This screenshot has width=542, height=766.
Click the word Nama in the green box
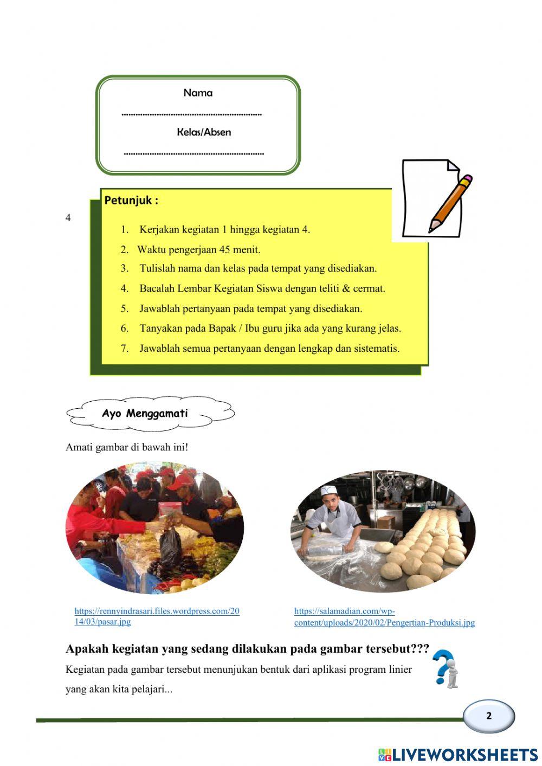pyautogui.click(x=198, y=93)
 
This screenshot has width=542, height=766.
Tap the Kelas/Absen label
pyautogui.click(x=204, y=132)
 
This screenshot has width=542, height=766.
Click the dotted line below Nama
pyautogui.click(x=192, y=114)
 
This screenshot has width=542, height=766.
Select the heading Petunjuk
pyautogui.click(x=131, y=200)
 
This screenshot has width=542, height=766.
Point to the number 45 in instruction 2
pyautogui.click(x=225, y=250)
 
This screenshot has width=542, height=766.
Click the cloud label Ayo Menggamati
pyautogui.click(x=145, y=414)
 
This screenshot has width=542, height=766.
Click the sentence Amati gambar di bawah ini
pyautogui.click(x=127, y=447)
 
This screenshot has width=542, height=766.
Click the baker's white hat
pyautogui.click(x=328, y=491)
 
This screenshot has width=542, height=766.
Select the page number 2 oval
pyautogui.click(x=489, y=716)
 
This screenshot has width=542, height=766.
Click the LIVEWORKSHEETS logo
pyautogui.click(x=458, y=755)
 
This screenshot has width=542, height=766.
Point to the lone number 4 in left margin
pyautogui.click(x=68, y=218)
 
